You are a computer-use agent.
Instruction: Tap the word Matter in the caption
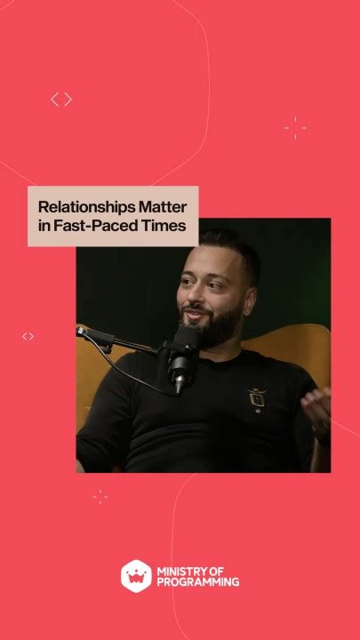pos(162,205)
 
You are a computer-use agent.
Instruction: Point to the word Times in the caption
pos(168,226)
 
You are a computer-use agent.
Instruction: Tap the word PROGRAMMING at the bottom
pos(197,581)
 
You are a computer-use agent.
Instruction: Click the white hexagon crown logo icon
pos(134,575)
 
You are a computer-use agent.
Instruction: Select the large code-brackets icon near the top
pos(60,100)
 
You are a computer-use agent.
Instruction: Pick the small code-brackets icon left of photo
pos(28,336)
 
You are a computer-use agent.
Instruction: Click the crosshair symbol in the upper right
pos(296,128)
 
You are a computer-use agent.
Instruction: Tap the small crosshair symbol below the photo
pos(100,496)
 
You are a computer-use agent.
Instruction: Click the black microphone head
pos(184,351)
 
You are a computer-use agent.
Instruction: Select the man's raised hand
pos(316,407)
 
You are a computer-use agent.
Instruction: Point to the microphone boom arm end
pos(83,333)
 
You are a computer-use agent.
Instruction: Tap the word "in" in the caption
pos(44,226)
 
